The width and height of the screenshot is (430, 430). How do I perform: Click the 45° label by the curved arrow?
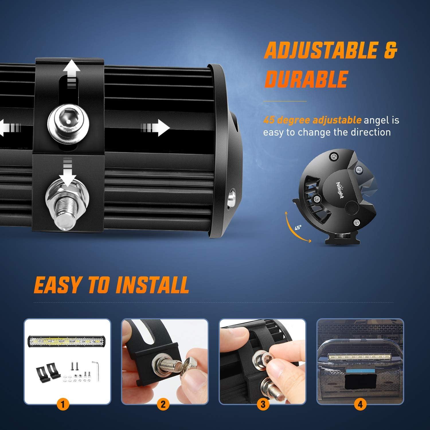coord(298,228)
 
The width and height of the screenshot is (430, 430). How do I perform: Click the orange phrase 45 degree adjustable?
coord(312,120)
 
